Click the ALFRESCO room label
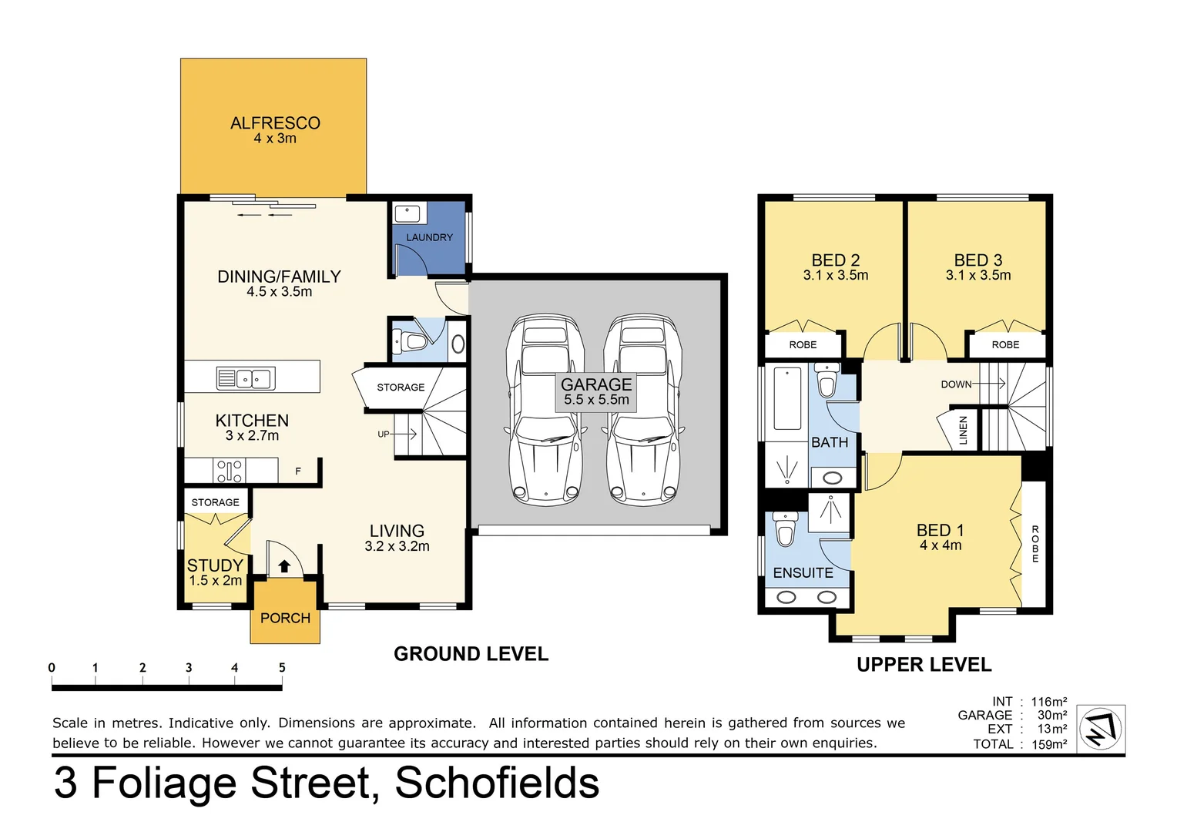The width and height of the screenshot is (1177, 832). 275,123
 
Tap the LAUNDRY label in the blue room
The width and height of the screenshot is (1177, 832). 429,237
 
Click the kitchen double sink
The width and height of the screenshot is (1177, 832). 246,378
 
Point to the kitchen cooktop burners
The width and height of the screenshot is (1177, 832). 230,471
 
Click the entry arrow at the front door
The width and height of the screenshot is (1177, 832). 284,566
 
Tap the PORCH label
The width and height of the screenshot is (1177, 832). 285,618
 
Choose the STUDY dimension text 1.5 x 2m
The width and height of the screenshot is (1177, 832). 215,581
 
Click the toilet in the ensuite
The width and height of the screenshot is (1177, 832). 785,530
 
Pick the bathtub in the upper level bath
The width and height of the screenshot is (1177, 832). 787,398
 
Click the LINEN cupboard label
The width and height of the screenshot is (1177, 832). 963,431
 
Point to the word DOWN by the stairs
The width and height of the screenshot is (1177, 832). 956,384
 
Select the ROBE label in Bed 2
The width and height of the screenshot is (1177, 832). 803,344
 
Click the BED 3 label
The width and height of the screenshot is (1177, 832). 977,260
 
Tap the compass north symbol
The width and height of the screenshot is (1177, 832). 1100,728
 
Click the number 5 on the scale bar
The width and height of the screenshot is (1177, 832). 282,668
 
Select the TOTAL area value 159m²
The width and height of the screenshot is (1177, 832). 1049,744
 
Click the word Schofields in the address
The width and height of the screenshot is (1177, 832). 497,783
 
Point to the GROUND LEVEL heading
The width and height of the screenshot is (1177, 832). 471,654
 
